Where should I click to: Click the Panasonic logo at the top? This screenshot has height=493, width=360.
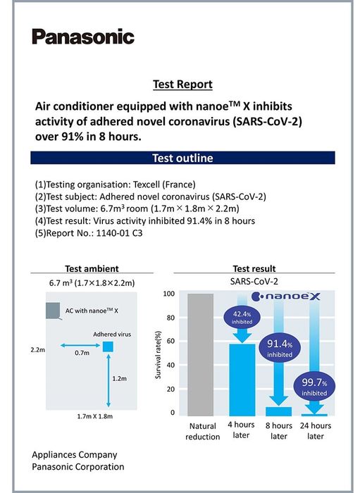(x=83, y=37)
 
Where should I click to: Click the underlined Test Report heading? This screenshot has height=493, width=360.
(x=182, y=85)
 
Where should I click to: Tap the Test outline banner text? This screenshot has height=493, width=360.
(x=182, y=158)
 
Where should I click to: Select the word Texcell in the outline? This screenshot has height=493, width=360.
(x=147, y=185)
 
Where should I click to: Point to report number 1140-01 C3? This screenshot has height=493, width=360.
(x=119, y=233)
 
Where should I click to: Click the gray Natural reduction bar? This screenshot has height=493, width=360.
(x=201, y=355)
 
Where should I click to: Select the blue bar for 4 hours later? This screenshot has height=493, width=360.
(x=242, y=380)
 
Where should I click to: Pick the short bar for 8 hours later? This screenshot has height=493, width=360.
(x=278, y=411)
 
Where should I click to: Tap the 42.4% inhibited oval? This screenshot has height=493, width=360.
(x=242, y=317)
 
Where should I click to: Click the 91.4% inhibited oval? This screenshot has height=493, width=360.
(x=280, y=348)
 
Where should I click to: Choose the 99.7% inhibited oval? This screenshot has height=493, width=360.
(x=314, y=387)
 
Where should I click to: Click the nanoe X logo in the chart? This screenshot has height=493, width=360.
(x=287, y=297)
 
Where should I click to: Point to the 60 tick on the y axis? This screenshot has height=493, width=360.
(x=170, y=341)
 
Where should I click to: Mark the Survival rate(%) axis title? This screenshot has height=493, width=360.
(x=158, y=355)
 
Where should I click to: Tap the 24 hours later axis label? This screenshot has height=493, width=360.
(x=316, y=431)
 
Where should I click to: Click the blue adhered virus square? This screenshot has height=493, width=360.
(x=108, y=347)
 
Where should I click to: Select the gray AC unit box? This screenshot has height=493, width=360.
(x=53, y=311)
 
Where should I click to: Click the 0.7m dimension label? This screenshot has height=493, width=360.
(x=82, y=353)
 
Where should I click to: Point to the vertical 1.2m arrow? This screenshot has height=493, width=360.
(x=108, y=381)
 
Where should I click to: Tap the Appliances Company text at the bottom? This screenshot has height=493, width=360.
(x=75, y=455)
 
